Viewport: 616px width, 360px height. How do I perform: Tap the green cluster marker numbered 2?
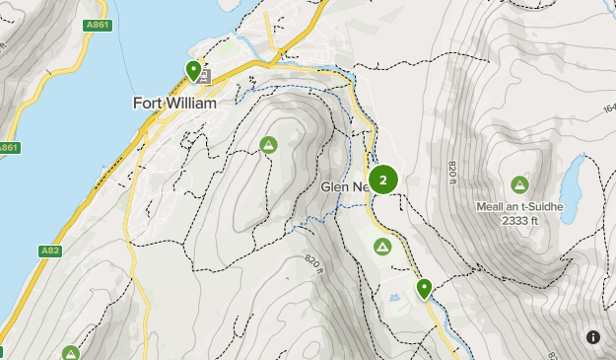382,180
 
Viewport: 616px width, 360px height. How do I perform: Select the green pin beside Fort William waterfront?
194,70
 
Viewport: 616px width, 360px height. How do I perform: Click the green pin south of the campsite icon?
424,288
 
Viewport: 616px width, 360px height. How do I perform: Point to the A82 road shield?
50,252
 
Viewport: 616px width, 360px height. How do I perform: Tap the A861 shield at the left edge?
8,148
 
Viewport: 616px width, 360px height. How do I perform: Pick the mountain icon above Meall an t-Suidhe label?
519,184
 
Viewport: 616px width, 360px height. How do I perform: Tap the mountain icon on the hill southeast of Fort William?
268,145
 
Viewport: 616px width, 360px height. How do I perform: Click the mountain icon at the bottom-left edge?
70,353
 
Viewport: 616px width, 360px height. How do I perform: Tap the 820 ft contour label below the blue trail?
312,261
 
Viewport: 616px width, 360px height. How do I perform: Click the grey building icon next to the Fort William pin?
205,76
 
